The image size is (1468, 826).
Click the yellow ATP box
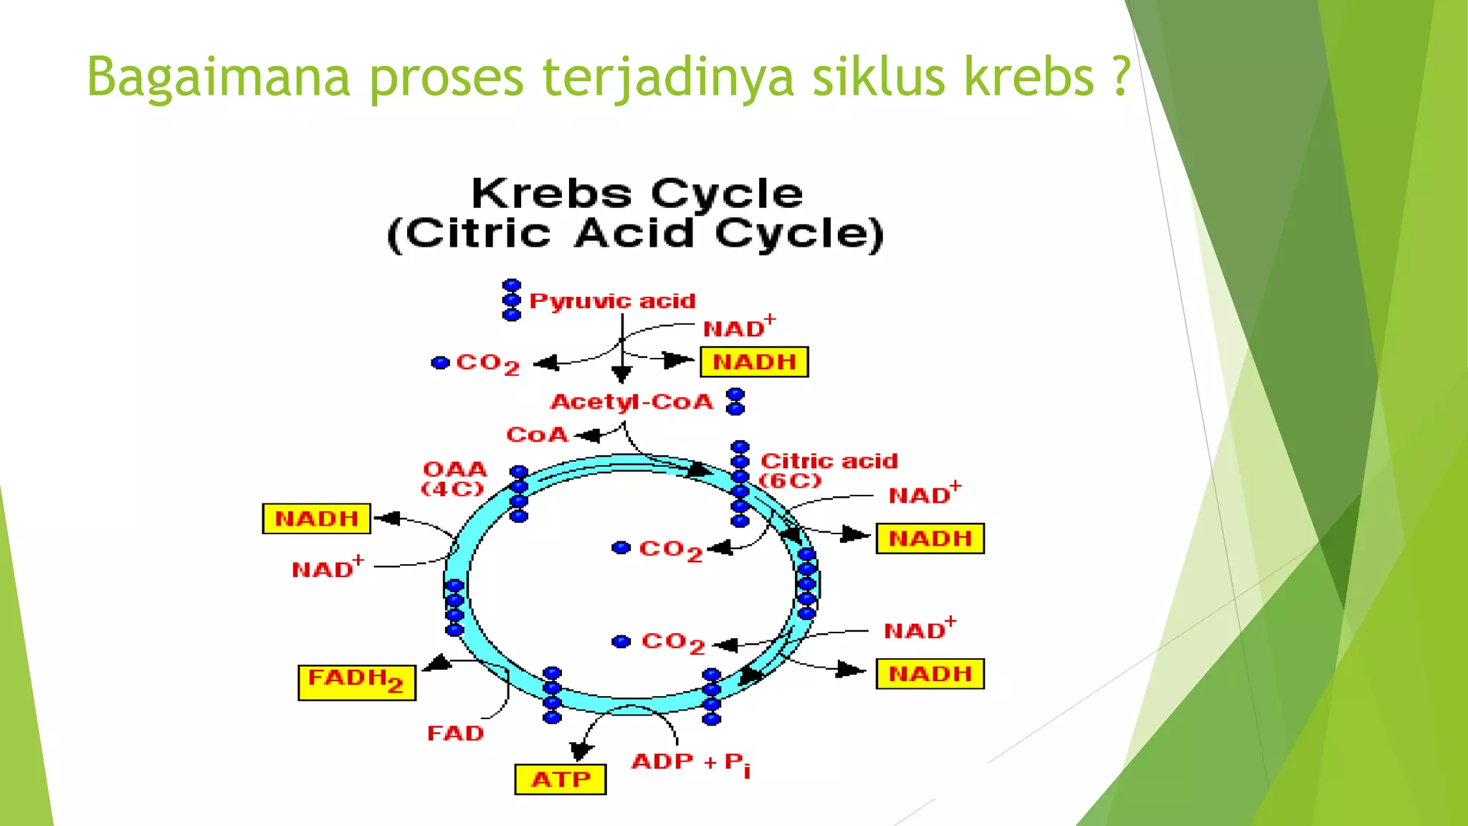pos(560,779)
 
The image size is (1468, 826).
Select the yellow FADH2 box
pos(356,682)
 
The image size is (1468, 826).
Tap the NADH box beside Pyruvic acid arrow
pos(754,362)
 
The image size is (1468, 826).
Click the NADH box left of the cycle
pos(316,518)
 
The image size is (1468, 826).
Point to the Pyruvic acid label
pos(611,301)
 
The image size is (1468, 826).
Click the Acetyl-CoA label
pos(631,402)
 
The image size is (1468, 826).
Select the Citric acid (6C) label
pos(827,470)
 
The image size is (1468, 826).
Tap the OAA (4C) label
pos(454,478)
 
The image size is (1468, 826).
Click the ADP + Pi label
pos(690,763)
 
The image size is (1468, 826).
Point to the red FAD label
pos(455,734)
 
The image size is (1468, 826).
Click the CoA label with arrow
pos(537,435)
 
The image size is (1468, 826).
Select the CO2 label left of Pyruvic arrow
pos(487,364)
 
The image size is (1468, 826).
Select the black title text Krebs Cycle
pos(637,194)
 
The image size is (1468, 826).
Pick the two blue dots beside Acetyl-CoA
pos(735,402)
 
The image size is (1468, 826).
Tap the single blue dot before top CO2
pos(440,363)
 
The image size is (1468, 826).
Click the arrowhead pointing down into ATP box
pos(581,751)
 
